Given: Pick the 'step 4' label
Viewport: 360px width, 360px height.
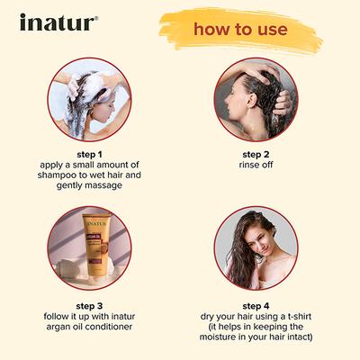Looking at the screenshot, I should (x=256, y=305).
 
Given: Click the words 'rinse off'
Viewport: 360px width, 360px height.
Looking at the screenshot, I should (x=256, y=166).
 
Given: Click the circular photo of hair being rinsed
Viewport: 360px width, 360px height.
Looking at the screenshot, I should (x=256, y=98).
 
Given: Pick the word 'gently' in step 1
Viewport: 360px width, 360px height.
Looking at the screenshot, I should (x=74, y=187).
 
